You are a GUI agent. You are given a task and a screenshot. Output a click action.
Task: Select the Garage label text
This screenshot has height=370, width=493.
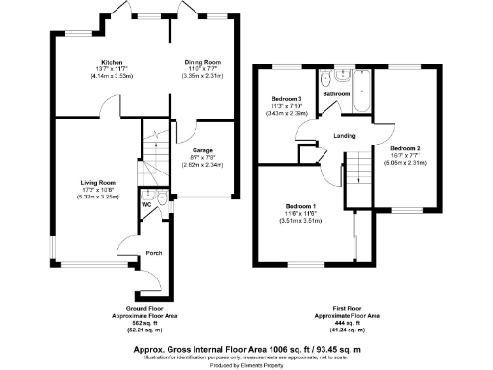202,150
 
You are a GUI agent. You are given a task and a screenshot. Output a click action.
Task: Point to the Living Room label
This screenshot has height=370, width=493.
99,182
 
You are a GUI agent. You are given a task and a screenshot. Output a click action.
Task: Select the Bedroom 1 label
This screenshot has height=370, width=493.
301,206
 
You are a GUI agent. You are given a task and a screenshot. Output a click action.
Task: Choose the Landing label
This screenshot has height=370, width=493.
345,135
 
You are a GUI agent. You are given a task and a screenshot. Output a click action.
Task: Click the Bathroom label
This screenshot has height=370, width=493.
336,94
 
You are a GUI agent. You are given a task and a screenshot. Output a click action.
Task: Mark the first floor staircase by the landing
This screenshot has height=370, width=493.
358,169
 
